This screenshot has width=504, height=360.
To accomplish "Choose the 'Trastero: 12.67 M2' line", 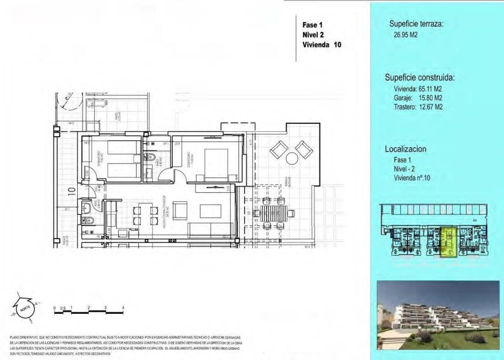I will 418,106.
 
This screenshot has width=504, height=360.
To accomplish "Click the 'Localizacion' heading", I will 406,149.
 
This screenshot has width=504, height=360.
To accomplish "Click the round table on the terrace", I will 291,158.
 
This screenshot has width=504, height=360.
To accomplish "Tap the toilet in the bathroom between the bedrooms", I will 152,158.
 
